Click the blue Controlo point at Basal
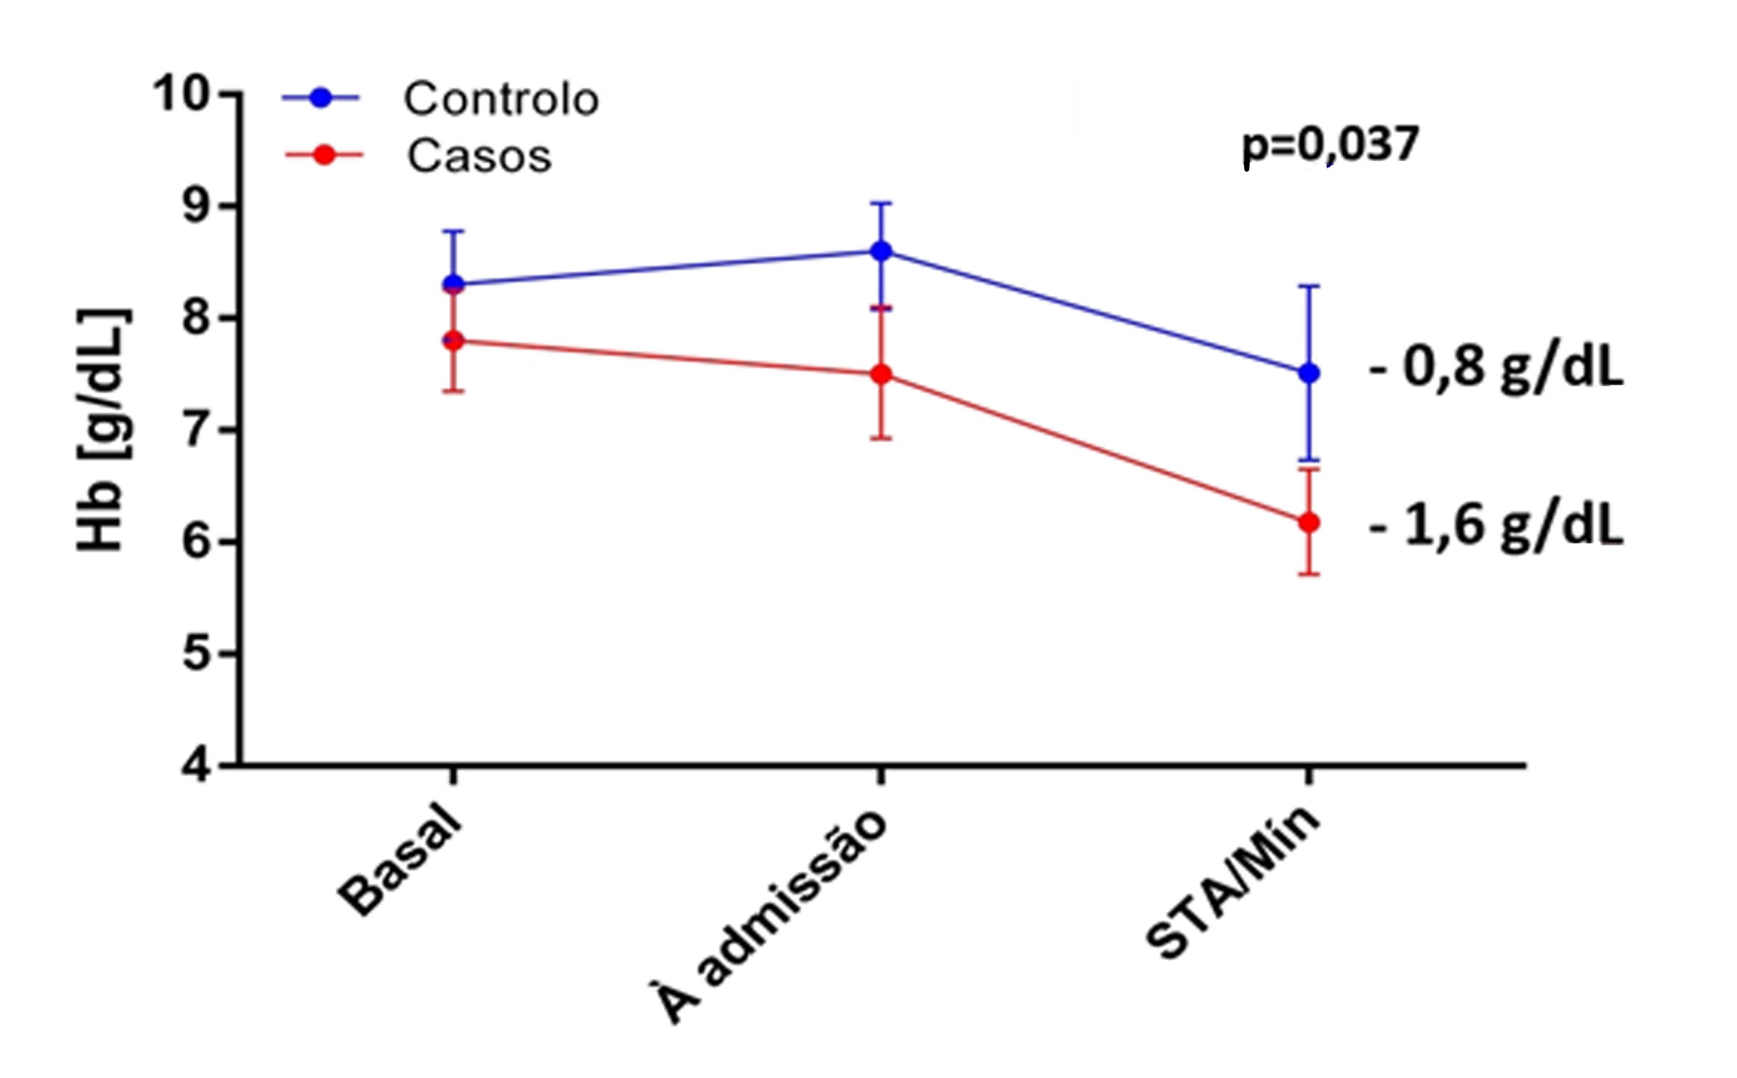tap(454, 284)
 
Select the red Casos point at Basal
tap(454, 341)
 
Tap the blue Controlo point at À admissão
tap(882, 251)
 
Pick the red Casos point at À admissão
tap(882, 374)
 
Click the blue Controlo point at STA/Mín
tap(1309, 373)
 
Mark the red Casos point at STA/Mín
tap(1309, 522)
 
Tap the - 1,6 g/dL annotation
tap(1496, 526)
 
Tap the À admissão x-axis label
tap(769, 916)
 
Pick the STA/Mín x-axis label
tap(1233, 883)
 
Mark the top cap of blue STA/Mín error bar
tap(1309, 286)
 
